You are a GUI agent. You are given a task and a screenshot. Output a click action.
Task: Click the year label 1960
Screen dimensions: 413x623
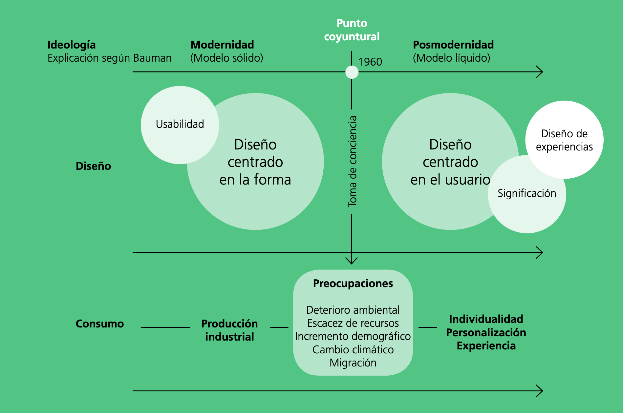point(370,62)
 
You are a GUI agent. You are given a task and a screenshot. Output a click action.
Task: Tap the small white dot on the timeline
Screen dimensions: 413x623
point(352,72)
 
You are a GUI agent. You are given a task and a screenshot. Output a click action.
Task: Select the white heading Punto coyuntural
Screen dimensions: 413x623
point(352,30)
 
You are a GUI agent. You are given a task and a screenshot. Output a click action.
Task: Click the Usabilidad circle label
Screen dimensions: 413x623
point(180,124)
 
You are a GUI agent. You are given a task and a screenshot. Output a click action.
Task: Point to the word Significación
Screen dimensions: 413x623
point(527,193)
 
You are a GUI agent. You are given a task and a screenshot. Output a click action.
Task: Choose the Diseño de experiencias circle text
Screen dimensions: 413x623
point(564,140)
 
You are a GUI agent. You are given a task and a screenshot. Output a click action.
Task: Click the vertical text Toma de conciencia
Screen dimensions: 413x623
point(352,161)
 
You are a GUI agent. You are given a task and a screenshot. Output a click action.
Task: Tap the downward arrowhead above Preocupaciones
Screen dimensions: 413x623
point(352,261)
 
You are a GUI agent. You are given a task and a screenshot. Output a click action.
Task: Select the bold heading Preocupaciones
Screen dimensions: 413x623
point(353,284)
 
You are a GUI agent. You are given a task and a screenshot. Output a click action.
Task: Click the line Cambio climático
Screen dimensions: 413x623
point(353,350)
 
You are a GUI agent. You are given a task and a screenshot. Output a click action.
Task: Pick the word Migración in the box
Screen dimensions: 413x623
point(353,363)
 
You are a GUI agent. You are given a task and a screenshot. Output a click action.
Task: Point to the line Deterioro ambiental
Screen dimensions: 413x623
point(353,310)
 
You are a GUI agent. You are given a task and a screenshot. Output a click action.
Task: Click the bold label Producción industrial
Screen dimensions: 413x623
point(229,330)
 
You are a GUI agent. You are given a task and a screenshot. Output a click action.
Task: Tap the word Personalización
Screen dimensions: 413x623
point(486,333)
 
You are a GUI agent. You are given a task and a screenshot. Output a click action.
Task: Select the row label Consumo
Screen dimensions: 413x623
point(100,324)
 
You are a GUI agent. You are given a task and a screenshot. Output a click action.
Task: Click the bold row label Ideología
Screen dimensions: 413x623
point(72,45)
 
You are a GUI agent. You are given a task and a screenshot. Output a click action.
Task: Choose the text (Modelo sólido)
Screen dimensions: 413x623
point(226,58)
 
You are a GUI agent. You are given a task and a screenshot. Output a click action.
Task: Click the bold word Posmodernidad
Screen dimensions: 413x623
point(453,45)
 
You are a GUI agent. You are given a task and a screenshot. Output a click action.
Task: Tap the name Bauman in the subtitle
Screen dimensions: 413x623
point(152,58)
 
